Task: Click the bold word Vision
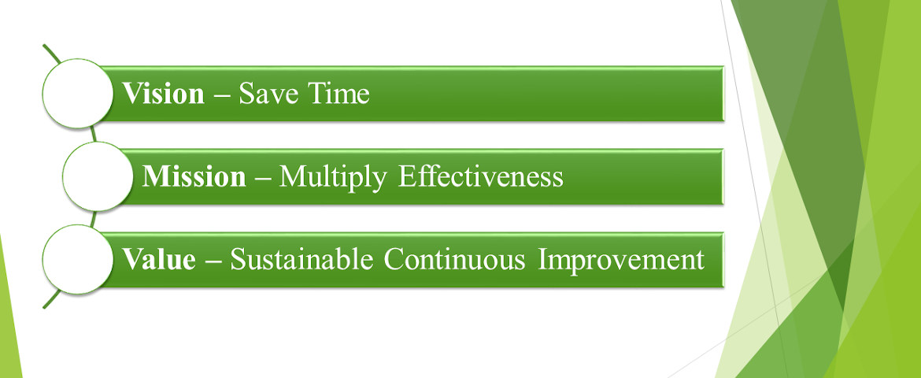[x=163, y=94]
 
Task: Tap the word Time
[x=336, y=94]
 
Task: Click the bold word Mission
[x=194, y=177]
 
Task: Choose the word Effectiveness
[x=480, y=177]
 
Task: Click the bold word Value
[x=158, y=260]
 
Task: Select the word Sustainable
[x=301, y=260]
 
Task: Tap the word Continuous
[x=455, y=260]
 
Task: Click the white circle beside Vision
[x=78, y=94]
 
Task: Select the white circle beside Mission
[x=98, y=177]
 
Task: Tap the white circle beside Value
[x=78, y=260]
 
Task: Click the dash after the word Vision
[x=222, y=96]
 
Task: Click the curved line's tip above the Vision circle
[x=44, y=45]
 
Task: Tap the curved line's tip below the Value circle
[x=44, y=307]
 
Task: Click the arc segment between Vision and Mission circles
[x=93, y=135]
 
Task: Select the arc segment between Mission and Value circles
[x=93, y=219]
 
